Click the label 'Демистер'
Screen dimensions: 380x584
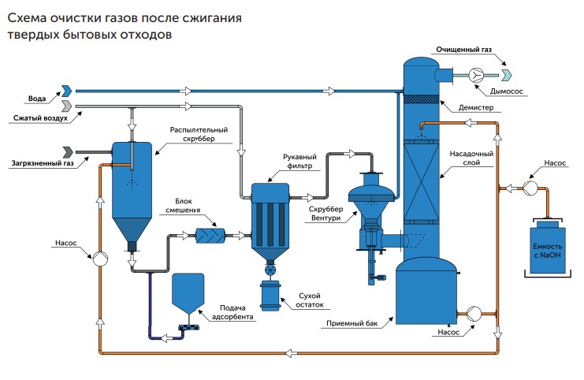tap(474, 106)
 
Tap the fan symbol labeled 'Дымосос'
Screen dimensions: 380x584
tap(477, 75)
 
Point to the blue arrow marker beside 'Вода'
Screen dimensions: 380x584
tap(67, 91)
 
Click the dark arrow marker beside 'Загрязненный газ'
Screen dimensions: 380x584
tap(69, 151)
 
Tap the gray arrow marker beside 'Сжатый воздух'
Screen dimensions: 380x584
tap(67, 105)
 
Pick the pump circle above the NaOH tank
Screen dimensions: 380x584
tap(530, 188)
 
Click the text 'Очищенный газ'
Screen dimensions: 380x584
tap(464, 50)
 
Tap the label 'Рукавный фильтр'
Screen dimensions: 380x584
tap(298, 162)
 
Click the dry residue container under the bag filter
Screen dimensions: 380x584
tap(272, 296)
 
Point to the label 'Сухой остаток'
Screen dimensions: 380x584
tap(308, 300)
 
